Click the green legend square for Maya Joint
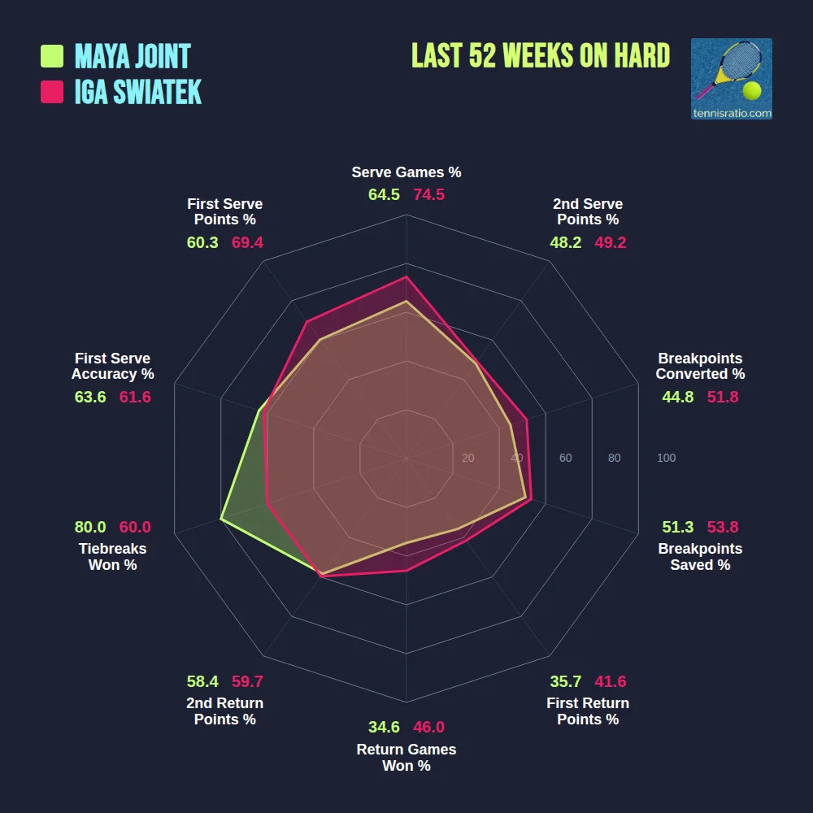(52, 56)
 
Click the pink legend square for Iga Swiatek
(52, 92)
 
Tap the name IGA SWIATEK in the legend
(137, 92)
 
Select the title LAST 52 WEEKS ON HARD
(541, 55)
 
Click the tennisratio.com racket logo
(731, 79)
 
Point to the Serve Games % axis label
(406, 172)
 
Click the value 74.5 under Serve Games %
(428, 195)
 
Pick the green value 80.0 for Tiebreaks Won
(90, 527)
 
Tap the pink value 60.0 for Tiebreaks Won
(135, 527)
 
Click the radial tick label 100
(666, 459)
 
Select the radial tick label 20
(467, 459)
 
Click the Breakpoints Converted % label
(700, 367)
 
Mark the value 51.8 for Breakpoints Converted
(723, 397)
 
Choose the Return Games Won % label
(406, 758)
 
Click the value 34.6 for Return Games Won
(384, 728)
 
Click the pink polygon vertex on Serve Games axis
(406, 276)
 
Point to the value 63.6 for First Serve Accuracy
(90, 397)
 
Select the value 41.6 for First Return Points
(610, 681)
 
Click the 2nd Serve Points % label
(588, 212)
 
